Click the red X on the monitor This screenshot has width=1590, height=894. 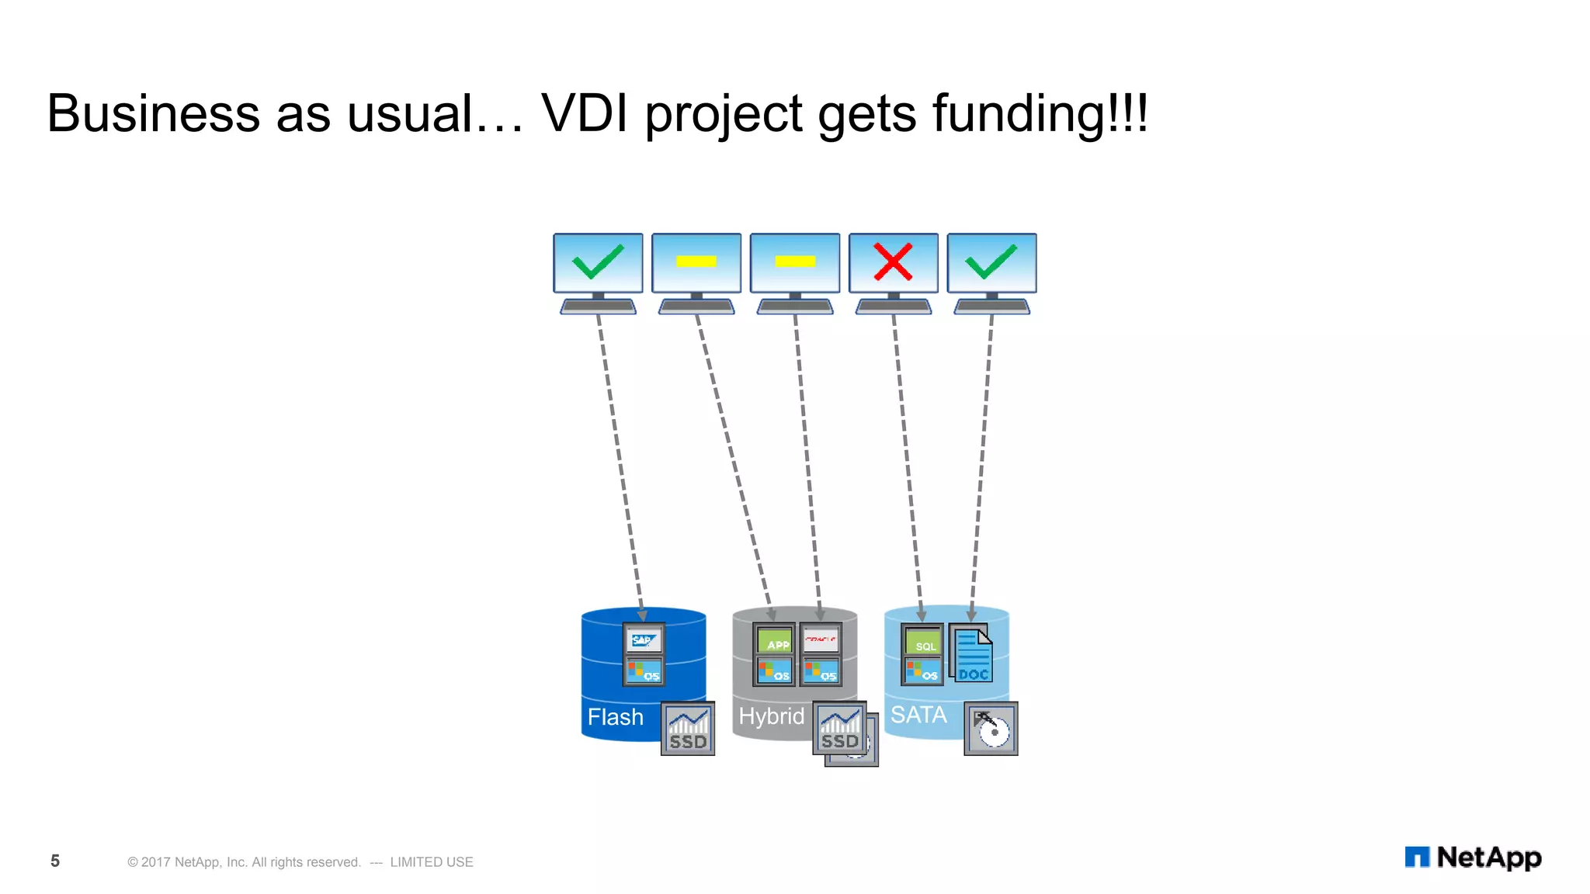[x=893, y=262]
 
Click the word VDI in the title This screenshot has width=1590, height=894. [x=584, y=113]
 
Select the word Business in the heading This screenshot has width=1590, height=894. [x=153, y=113]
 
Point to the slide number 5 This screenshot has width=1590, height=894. [x=55, y=861]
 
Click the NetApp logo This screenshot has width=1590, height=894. [x=1473, y=858]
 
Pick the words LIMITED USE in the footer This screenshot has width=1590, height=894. [x=432, y=862]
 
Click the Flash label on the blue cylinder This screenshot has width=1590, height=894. [x=615, y=717]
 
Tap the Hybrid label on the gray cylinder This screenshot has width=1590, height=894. [x=771, y=716]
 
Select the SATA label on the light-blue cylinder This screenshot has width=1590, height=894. [x=918, y=715]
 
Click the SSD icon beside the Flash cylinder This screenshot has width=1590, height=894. [x=688, y=729]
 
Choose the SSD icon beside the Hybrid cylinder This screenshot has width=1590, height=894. [x=840, y=728]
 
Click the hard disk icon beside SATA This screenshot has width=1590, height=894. [x=991, y=729]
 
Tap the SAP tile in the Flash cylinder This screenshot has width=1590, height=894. [x=644, y=640]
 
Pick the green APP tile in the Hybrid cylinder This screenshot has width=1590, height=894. [x=775, y=641]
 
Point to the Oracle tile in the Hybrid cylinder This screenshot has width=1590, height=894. [x=821, y=639]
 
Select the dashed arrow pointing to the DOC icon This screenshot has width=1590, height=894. [x=981, y=466]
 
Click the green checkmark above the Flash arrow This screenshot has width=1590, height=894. [x=598, y=262]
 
